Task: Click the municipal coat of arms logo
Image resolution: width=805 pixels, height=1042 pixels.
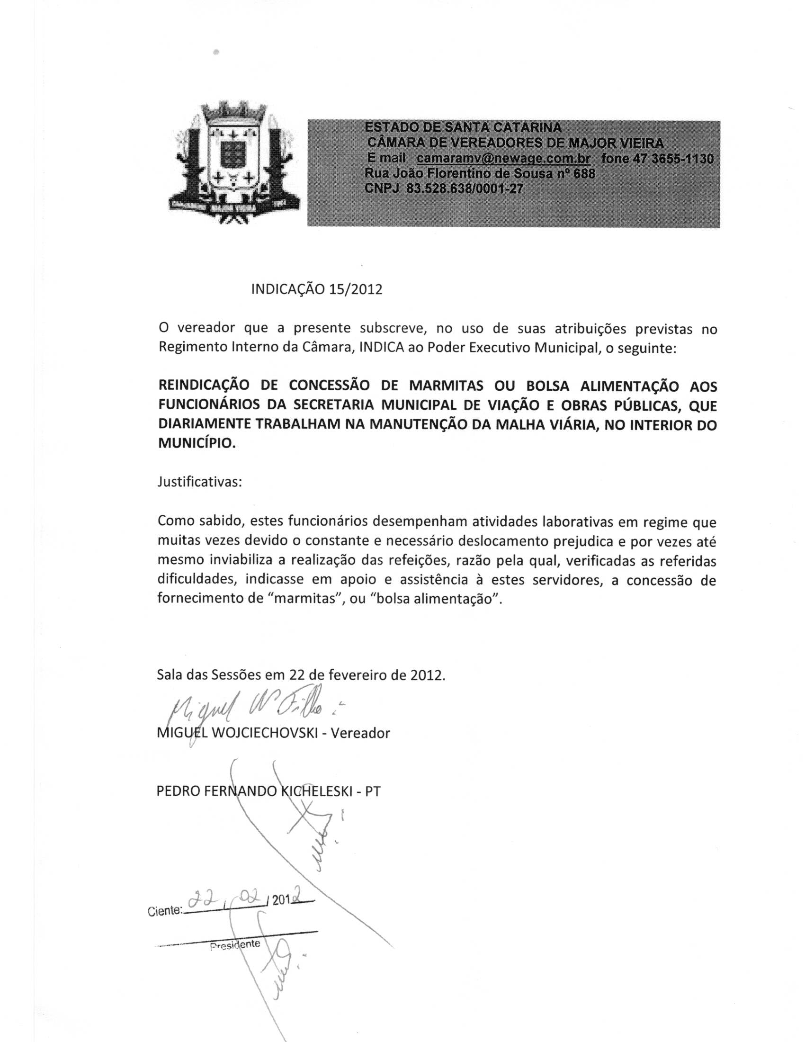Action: [x=234, y=162]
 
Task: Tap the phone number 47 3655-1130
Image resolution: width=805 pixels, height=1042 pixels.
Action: [x=672, y=158]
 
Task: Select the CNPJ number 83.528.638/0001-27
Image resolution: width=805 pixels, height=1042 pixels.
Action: [x=465, y=189]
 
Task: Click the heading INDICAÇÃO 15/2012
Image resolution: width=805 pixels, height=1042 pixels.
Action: [x=317, y=289]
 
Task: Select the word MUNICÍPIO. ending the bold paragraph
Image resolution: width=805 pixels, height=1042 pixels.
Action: [x=197, y=443]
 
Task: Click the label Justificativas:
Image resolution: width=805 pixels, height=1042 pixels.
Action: [x=200, y=482]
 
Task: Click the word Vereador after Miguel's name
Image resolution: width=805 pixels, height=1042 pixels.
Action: [x=360, y=733]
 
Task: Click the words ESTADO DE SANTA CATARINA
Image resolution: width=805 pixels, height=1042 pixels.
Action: [x=463, y=127]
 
